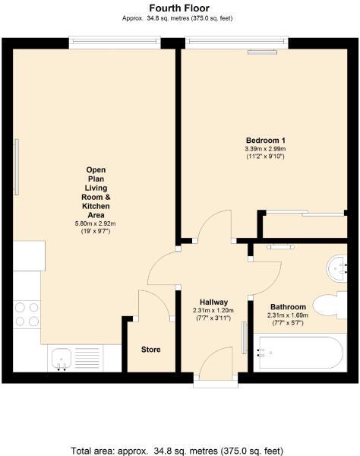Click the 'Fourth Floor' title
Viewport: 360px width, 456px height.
coord(179,6)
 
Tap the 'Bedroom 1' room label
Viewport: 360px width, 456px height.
coord(265,141)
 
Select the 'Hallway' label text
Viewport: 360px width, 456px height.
coord(213,302)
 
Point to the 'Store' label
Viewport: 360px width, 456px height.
coord(150,350)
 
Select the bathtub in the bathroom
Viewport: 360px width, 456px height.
coord(298,353)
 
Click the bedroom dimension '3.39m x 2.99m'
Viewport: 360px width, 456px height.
coord(265,150)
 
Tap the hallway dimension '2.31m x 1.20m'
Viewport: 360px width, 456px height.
coord(213,310)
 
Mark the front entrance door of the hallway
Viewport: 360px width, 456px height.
coord(214,361)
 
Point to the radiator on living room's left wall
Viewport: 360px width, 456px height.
coord(15,167)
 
